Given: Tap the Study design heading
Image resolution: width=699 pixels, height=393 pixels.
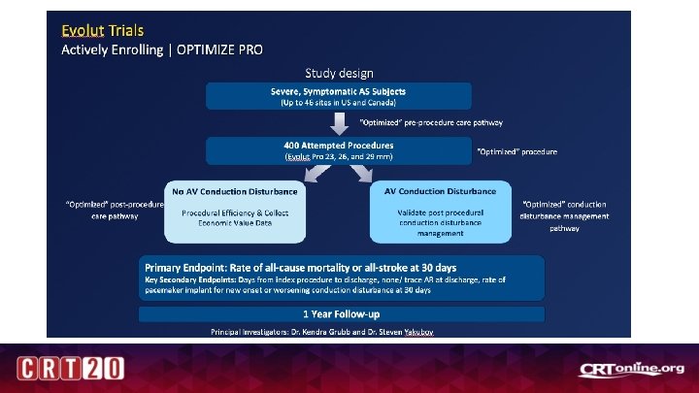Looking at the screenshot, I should coord(339,73).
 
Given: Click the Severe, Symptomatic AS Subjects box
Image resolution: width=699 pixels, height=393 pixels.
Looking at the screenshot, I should coord(339,96).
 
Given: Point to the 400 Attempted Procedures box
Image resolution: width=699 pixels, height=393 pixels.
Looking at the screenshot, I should coord(339,150).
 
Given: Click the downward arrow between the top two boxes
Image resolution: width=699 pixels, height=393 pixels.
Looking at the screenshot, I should coord(339,123).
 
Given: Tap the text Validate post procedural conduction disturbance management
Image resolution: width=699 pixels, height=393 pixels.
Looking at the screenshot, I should coord(440,222).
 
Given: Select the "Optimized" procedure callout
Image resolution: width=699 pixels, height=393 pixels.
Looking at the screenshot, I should coord(517,151).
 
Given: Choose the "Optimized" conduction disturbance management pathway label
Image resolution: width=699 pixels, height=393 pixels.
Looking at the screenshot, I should coord(564,216).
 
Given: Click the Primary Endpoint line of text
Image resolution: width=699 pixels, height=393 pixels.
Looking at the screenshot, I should coord(301,267).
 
